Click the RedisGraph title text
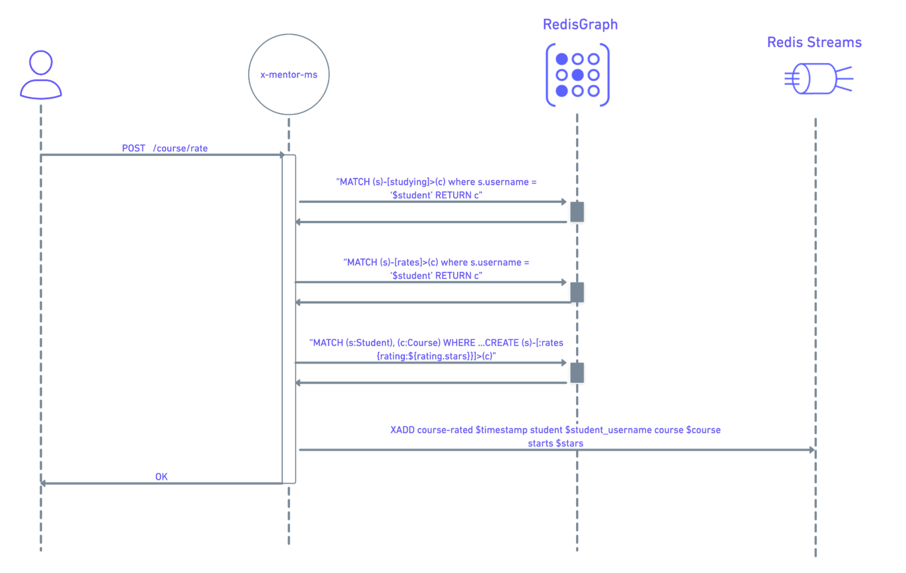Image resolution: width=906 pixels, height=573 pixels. click(580, 25)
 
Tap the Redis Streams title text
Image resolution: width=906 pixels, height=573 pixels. click(814, 42)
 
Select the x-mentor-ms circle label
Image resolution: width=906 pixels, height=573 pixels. click(289, 75)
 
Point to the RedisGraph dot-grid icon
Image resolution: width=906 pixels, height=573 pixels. click(578, 75)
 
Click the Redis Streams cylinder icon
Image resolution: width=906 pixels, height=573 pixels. click(816, 79)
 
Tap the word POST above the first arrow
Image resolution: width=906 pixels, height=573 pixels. click(133, 148)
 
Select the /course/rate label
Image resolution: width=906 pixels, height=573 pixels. click(180, 148)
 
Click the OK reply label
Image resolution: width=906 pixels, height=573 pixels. click(161, 477)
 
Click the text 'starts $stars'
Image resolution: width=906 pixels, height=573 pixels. click(555, 443)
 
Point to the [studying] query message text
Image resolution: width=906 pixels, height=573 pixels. click(436, 182)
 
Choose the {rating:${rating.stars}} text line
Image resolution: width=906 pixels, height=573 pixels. click(436, 356)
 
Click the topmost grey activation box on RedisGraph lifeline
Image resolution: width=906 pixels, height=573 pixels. click(577, 212)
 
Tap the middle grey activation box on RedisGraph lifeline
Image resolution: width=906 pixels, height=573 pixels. click(577, 292)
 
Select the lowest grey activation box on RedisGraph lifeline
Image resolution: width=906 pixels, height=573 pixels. click(577, 372)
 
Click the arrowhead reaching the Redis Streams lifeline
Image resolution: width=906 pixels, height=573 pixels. click(812, 450)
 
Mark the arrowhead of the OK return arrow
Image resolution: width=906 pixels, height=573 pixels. click(43, 483)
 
